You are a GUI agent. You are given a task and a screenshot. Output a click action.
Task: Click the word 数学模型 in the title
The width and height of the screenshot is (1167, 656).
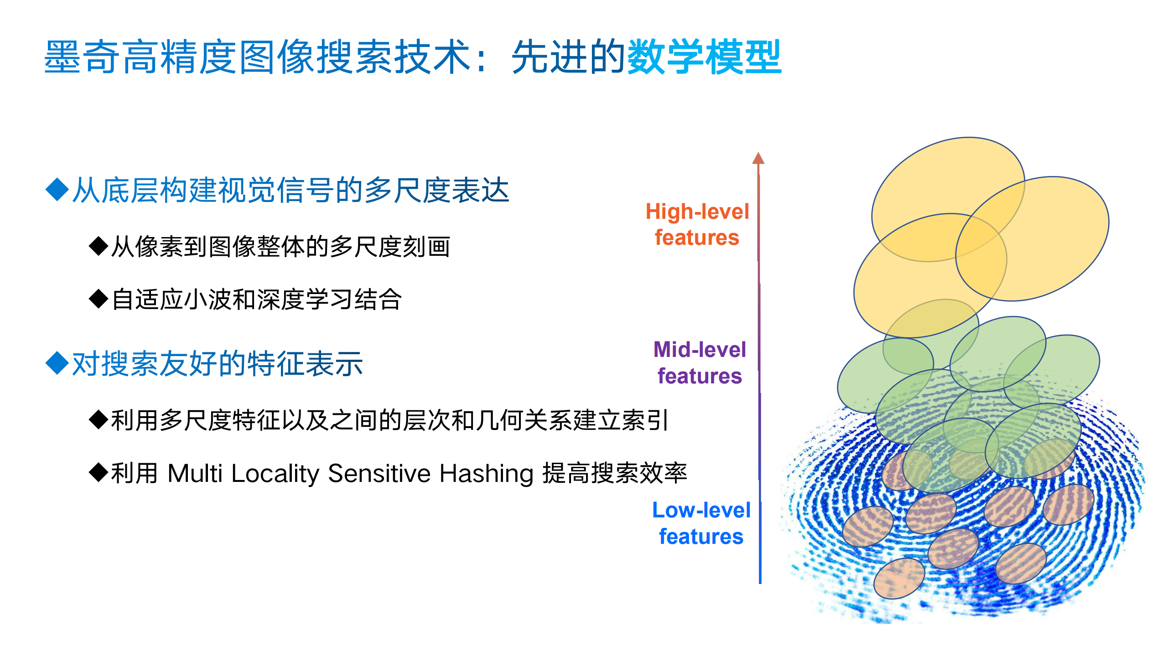click(x=705, y=57)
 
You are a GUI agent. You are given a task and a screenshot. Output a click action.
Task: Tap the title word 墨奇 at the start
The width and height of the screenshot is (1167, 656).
click(x=82, y=57)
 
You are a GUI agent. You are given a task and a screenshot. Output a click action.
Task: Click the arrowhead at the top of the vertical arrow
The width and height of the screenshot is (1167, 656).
click(x=758, y=158)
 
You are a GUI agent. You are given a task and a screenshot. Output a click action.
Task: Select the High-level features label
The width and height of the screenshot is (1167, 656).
click(x=697, y=224)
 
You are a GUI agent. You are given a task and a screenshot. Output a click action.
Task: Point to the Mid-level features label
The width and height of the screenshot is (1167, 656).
click(x=700, y=362)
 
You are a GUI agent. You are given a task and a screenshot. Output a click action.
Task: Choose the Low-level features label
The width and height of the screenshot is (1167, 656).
click(x=701, y=523)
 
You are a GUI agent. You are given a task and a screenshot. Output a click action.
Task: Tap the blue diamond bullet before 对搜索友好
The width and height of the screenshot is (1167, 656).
click(x=57, y=363)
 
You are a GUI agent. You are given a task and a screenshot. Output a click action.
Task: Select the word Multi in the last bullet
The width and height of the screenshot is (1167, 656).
click(x=195, y=473)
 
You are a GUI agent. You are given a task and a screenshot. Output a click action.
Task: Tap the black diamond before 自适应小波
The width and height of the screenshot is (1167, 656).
click(x=98, y=299)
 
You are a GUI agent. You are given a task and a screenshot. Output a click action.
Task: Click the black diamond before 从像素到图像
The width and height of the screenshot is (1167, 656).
click(x=98, y=246)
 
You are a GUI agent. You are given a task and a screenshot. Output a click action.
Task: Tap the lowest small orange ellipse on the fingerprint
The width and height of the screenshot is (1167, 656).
click(x=899, y=578)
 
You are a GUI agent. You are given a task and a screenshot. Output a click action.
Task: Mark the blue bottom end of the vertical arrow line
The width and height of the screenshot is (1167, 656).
click(x=760, y=581)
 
